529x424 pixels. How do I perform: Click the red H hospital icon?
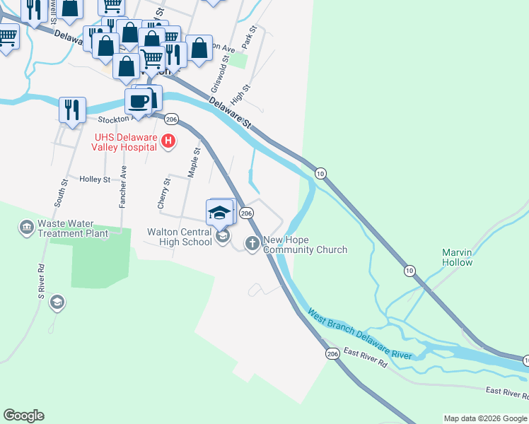(x=168, y=141)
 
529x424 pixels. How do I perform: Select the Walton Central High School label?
(x=179, y=237)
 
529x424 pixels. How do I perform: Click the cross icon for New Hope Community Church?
(x=252, y=244)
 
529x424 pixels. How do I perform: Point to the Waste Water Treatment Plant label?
(x=73, y=228)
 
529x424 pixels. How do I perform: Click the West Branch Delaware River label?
(x=360, y=334)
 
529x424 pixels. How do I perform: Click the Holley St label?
(x=95, y=179)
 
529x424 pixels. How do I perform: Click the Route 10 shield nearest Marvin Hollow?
(x=409, y=271)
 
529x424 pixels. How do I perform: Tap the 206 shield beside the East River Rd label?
(x=332, y=353)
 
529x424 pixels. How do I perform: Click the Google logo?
(x=24, y=416)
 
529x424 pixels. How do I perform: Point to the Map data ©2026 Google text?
(x=484, y=418)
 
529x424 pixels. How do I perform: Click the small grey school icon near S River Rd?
(x=57, y=303)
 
